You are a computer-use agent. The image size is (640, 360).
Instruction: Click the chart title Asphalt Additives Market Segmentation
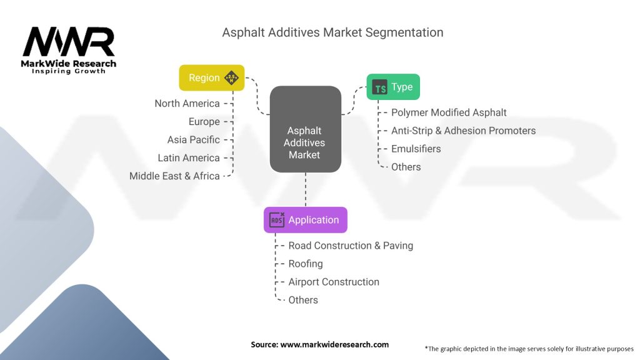coord(332,32)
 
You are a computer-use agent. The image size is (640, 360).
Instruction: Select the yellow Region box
coord(211,78)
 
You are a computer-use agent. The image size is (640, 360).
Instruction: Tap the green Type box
coord(392,87)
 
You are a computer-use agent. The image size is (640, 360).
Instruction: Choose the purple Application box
coord(305,220)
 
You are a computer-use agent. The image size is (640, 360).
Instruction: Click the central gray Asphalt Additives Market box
coord(305,129)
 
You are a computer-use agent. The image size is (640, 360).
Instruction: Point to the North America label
coord(187,104)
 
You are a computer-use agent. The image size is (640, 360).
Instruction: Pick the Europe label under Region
coord(204,122)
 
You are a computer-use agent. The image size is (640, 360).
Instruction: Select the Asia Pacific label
coord(193,140)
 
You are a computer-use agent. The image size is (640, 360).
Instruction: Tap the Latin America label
coord(188,158)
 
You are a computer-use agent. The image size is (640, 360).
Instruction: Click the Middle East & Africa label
coord(174,176)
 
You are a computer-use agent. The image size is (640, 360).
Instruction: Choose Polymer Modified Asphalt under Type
coord(449,112)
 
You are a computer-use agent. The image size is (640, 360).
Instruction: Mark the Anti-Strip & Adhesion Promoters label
coord(463,131)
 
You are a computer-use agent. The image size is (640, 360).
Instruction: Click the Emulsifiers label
coord(416,149)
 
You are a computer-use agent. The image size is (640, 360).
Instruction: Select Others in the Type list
coord(406,167)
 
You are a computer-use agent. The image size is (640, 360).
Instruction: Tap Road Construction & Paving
coord(351,246)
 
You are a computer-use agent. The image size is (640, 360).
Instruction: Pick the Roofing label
coord(306,264)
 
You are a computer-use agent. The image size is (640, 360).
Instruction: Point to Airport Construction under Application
coord(334,282)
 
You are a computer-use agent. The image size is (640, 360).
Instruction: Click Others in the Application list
coord(303,300)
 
